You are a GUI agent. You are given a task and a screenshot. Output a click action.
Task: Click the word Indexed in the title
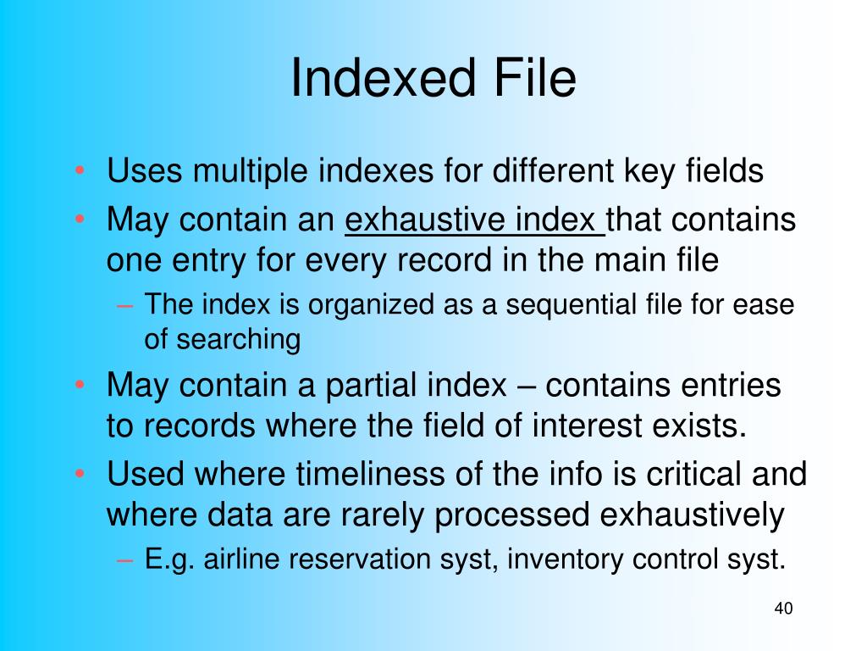(384, 77)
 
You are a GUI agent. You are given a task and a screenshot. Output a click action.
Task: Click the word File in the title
(535, 77)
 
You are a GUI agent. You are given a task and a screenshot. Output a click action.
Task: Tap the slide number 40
(783, 608)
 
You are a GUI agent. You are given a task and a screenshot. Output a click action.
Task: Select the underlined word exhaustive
(425, 220)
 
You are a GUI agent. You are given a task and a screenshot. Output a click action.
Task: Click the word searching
(238, 340)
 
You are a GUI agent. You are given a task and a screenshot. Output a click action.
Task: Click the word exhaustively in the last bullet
(692, 515)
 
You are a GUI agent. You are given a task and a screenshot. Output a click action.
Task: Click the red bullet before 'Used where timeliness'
(80, 474)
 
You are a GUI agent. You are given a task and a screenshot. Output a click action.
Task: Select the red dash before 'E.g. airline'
(125, 559)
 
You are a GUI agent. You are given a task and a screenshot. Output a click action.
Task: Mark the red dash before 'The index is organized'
(125, 305)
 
